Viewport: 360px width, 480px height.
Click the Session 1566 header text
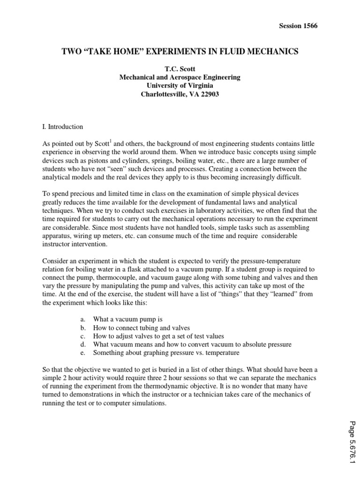(x=298, y=26)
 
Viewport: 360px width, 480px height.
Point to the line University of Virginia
(x=180, y=85)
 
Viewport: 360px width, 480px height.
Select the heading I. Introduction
(x=62, y=127)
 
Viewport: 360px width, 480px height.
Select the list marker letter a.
(x=82, y=319)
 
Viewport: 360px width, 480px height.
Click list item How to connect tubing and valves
(x=141, y=327)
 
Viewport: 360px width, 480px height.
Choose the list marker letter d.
(x=82, y=344)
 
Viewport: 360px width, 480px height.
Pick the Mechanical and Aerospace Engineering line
(x=180, y=77)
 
